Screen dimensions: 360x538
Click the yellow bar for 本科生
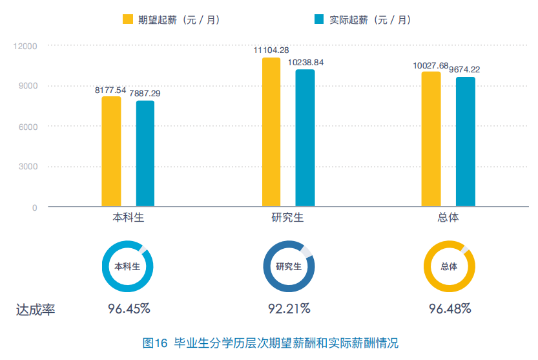pos(111,152)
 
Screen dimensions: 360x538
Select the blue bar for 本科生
pos(145,154)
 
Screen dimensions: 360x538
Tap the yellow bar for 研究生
pos(271,132)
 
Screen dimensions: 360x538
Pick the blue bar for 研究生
pos(305,138)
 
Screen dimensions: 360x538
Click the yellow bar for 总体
pos(431,140)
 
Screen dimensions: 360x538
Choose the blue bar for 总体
pos(465,142)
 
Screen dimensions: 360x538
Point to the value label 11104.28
pos(271,50)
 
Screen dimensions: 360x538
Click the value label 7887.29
pos(145,94)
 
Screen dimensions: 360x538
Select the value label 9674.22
pos(464,70)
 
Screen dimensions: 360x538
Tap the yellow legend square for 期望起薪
pos(128,19)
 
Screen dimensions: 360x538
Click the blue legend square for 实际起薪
pos(318,19)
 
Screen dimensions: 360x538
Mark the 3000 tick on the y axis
pos(28,167)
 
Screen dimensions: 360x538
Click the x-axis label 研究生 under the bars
pos(287,217)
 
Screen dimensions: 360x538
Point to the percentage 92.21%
pos(289,308)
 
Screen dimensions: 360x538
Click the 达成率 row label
pos(36,310)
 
